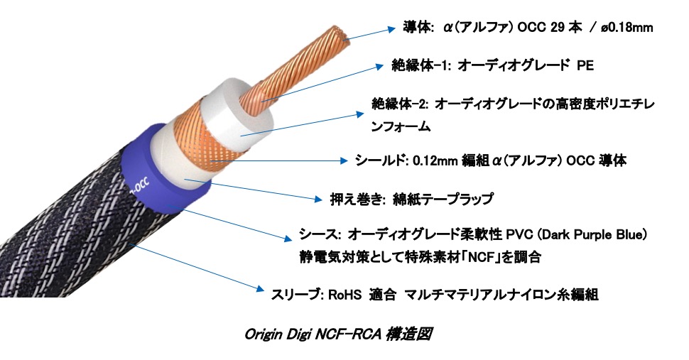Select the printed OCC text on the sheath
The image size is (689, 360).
pos(140,185)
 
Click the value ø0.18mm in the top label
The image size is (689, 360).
pos(626,28)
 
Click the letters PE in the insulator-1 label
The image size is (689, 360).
pos(585,65)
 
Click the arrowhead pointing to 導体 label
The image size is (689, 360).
pos(391,29)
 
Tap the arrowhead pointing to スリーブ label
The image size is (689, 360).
pos(259,288)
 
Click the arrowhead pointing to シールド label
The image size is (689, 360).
pos(343,160)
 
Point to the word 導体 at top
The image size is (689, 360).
pos(418,27)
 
